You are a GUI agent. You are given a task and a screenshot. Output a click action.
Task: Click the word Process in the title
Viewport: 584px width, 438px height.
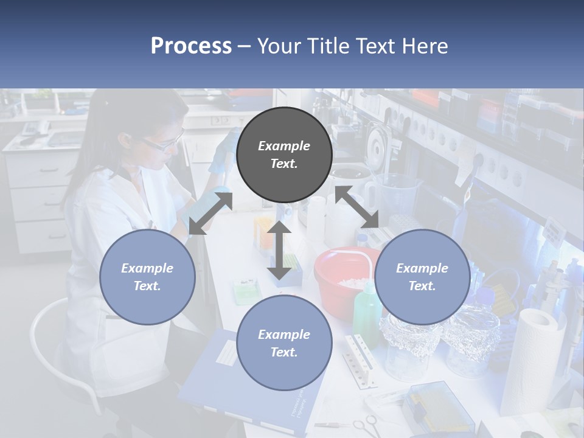click(x=191, y=46)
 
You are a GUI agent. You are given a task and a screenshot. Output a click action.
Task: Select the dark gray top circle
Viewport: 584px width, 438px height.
click(x=284, y=155)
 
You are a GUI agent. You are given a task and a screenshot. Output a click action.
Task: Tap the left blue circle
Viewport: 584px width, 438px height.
click(x=147, y=277)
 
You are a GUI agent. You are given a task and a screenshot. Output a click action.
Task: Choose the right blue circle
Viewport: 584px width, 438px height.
click(x=422, y=277)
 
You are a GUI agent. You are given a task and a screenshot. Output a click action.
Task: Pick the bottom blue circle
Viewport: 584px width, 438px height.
click(x=284, y=343)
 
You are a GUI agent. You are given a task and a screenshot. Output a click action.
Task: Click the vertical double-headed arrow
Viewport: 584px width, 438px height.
click(x=280, y=249)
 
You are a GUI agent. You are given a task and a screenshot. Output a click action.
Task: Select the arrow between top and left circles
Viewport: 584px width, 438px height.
click(x=210, y=214)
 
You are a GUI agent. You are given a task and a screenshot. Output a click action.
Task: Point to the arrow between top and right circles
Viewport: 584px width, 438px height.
click(x=357, y=207)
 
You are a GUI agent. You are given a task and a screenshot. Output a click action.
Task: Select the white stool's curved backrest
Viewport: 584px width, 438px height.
click(x=46, y=341)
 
